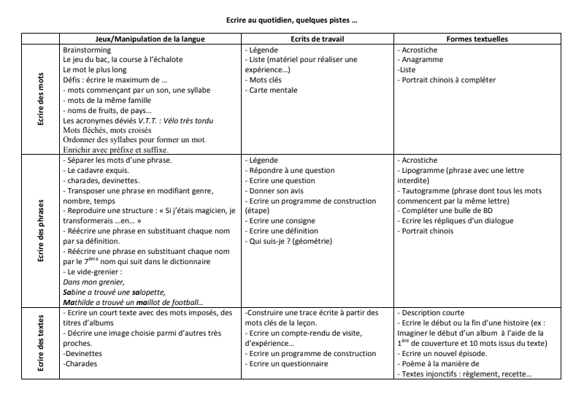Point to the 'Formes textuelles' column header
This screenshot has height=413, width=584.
[x=477, y=38]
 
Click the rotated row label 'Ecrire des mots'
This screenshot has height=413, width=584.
[x=42, y=99]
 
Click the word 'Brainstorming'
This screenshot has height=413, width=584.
[x=87, y=49]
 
